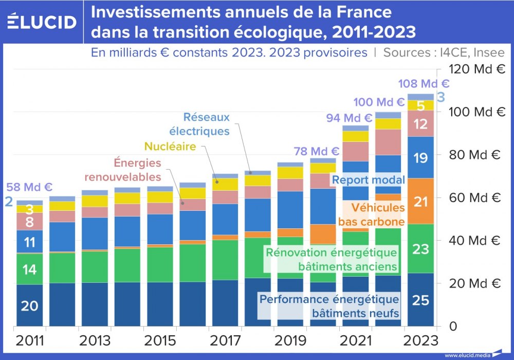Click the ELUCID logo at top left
(x=42, y=22)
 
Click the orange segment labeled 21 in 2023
(x=420, y=202)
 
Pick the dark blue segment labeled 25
(x=420, y=300)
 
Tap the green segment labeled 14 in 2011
(x=30, y=268)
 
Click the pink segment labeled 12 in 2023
(x=420, y=124)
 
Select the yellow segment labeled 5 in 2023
(x=420, y=106)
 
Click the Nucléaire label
(x=170, y=146)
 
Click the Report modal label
(x=369, y=180)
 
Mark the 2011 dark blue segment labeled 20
(x=30, y=305)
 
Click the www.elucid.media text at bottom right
(x=467, y=355)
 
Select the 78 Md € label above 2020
(x=317, y=151)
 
